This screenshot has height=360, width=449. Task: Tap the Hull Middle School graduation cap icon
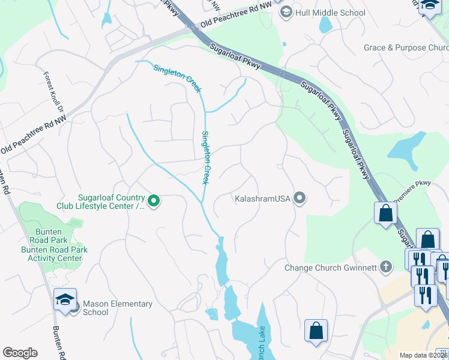286,12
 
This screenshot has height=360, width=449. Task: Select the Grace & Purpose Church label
406,47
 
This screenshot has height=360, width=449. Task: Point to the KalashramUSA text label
262,198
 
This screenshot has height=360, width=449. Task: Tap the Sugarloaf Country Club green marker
154,201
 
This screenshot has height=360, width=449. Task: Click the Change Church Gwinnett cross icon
387,267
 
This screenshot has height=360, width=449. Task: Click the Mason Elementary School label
117,308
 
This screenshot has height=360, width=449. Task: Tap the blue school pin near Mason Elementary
65,301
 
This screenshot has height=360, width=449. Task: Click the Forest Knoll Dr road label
53,92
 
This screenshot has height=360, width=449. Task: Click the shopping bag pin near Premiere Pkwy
385,214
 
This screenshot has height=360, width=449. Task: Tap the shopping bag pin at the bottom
316,331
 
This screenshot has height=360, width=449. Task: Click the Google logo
20,353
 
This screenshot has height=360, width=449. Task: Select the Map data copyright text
424,355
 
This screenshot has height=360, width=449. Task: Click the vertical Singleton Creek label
205,157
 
